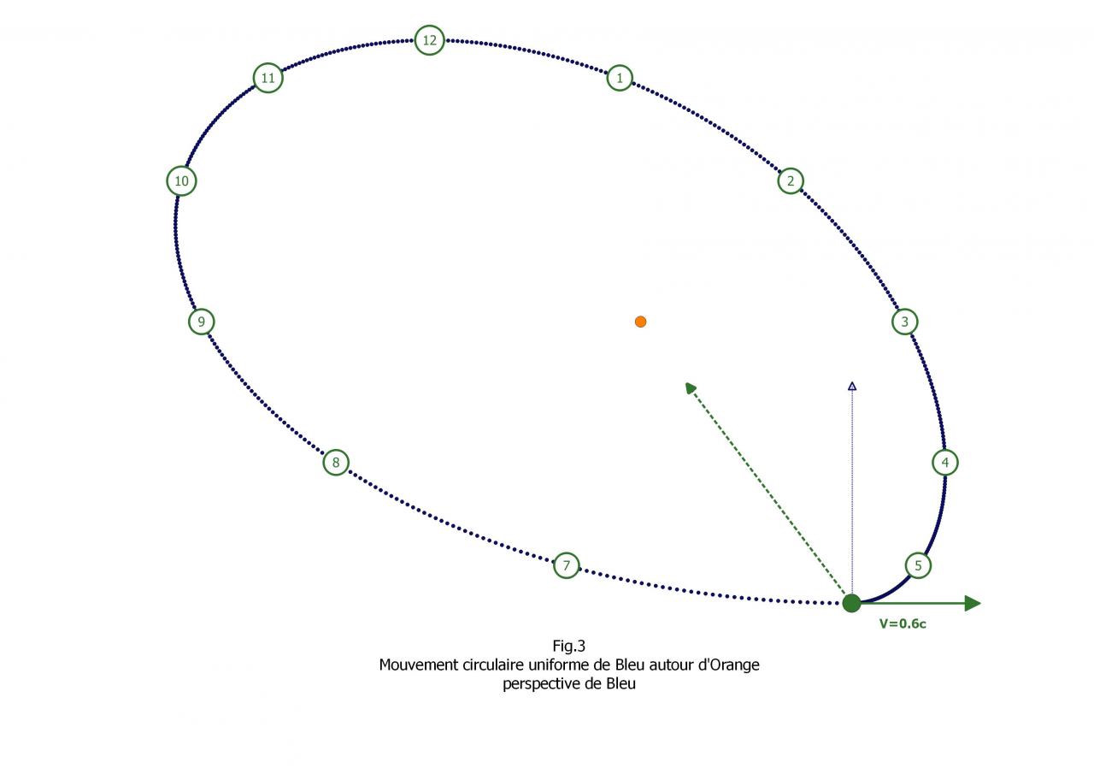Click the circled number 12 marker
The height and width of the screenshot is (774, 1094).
tap(429, 40)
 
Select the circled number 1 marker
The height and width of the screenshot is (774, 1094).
tap(620, 78)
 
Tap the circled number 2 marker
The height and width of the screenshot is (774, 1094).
tap(791, 180)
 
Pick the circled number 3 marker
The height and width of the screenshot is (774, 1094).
tap(904, 322)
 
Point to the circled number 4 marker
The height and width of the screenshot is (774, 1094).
tap(944, 463)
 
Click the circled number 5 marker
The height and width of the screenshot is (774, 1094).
tap(918, 565)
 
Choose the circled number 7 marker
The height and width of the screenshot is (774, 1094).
tap(566, 565)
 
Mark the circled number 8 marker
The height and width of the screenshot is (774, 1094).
tap(336, 463)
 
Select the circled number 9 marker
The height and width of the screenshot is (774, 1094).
tap(201, 322)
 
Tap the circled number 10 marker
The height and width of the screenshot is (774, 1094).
tap(181, 180)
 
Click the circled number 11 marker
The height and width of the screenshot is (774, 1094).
tap(268, 78)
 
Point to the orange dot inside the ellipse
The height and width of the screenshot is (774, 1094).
tap(640, 322)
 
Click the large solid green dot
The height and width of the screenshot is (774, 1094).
tap(851, 603)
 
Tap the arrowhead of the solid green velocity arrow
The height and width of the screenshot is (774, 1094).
tap(973, 603)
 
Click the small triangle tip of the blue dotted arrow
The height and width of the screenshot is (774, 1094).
tap(851, 387)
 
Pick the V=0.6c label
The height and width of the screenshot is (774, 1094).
tap(903, 624)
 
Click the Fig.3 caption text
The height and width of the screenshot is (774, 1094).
tap(568, 646)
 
